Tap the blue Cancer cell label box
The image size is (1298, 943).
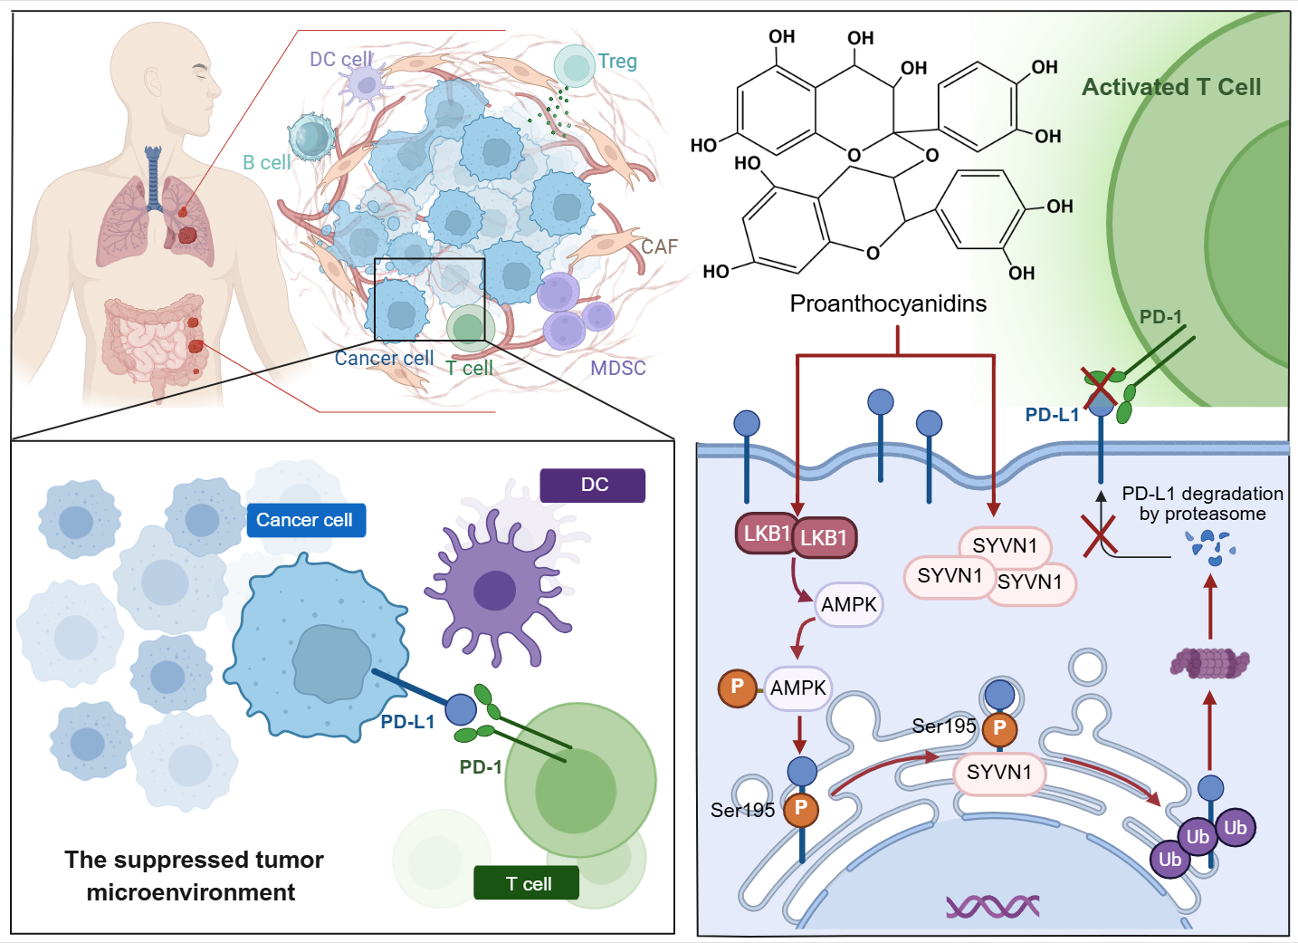coord(305,520)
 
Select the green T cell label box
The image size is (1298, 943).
coord(526,883)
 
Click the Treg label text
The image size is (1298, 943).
coord(617,62)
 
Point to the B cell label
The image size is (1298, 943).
coord(266,163)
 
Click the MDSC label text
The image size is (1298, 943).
coord(618,369)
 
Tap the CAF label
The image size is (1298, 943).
coord(659,247)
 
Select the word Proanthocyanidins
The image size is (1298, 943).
coord(888,303)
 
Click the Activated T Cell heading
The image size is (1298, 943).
coord(1171,87)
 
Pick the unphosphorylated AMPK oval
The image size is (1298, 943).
coord(848,604)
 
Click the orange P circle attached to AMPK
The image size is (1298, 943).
coord(737,687)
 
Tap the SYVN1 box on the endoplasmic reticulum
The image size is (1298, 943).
coord(999,773)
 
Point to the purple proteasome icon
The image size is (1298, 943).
coord(1210,663)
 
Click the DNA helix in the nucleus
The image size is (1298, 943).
coord(992,905)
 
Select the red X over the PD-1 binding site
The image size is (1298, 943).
coord(1101,387)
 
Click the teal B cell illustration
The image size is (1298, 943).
coord(310,138)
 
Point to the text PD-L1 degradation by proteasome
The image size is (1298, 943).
coord(1202,504)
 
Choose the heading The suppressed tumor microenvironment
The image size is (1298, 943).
coord(193,875)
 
